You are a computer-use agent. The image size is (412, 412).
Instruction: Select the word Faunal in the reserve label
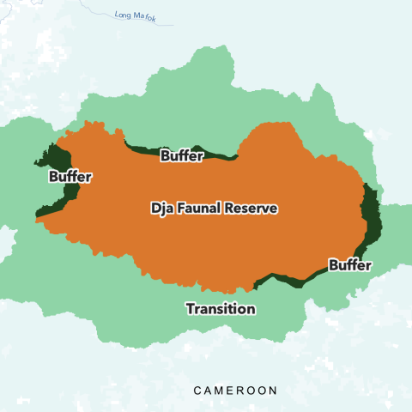coord(201,209)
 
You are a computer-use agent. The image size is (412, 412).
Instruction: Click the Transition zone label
coord(221,309)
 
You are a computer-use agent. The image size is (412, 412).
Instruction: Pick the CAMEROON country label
coord(235,391)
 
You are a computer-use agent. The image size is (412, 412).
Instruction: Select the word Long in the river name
coord(124,14)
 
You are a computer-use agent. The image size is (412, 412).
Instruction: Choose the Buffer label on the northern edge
coord(182,155)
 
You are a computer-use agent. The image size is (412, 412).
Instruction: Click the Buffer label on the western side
coord(70,177)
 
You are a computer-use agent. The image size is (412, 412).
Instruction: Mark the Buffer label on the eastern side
coord(349,265)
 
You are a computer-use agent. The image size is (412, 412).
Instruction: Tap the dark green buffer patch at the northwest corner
coord(58,157)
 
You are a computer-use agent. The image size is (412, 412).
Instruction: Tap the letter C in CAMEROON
coord(197,391)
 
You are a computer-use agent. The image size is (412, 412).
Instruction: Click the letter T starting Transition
coord(191,309)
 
